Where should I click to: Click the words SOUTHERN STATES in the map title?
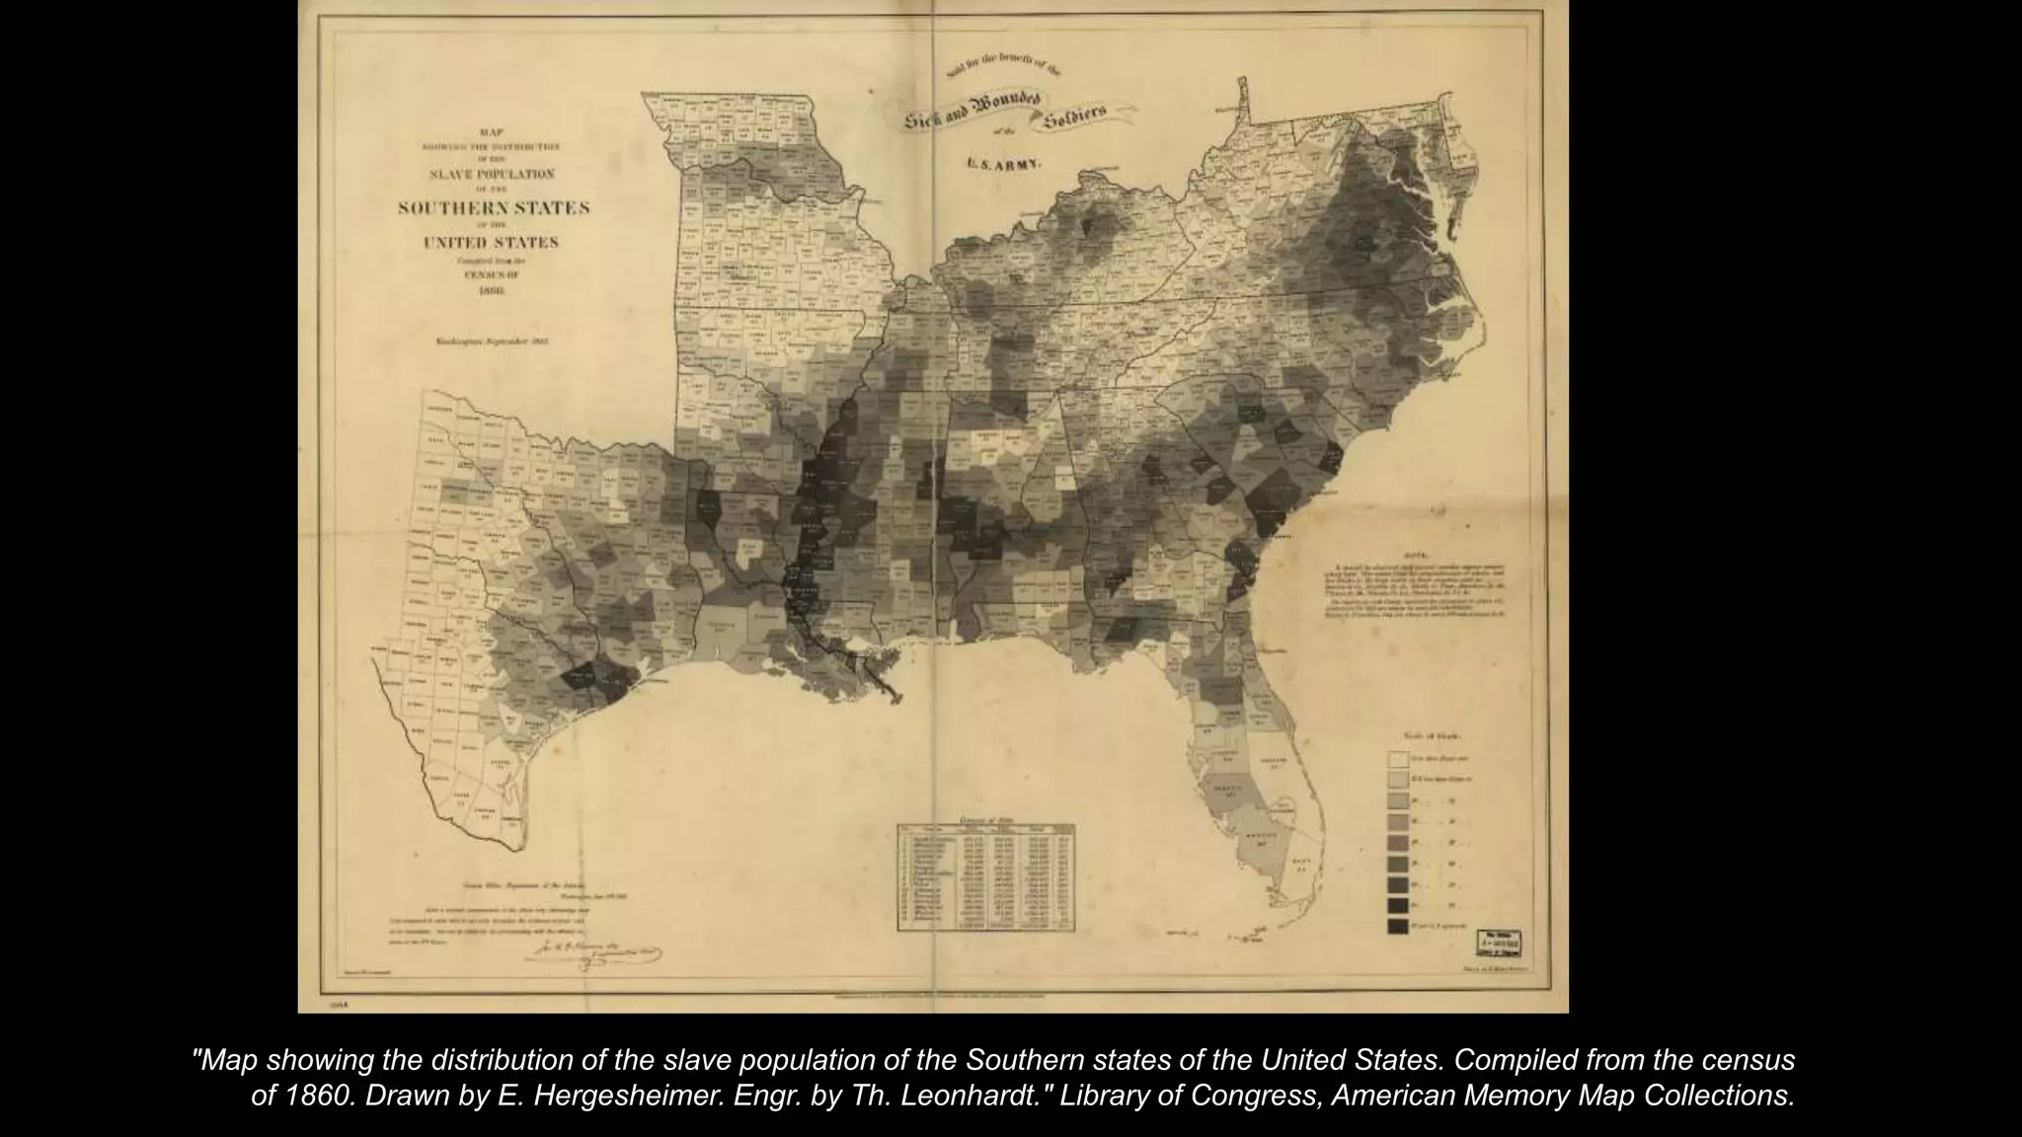coord(494,208)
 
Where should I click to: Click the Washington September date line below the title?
coord(492,341)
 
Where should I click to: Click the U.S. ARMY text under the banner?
coord(1003,165)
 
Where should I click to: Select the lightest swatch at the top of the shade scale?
coord(1397,760)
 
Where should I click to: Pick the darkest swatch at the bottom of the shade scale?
coord(1397,927)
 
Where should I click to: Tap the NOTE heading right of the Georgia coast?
coord(1414,555)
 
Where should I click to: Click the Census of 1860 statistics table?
coord(984,875)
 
